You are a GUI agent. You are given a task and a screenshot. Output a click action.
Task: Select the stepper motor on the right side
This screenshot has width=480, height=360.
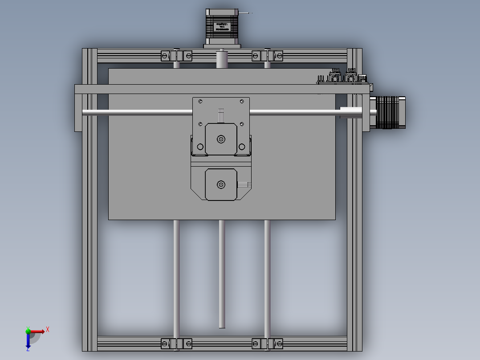pos(391,112)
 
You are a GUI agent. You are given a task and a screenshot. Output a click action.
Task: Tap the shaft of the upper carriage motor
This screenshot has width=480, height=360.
pos(221,139)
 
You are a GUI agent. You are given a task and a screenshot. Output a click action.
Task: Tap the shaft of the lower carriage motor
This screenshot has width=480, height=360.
pos(220,184)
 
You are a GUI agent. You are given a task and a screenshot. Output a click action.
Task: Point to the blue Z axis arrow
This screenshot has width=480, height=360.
pos(28,342)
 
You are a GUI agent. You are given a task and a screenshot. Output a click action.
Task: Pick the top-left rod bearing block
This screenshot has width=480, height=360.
pos(176,56)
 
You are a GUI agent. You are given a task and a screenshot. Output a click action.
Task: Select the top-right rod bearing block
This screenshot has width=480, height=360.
pos(267,56)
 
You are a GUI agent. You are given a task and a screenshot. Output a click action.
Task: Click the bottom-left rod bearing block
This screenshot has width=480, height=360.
pos(176,344)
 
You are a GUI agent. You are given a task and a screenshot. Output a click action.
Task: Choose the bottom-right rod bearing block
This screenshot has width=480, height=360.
pos(267,344)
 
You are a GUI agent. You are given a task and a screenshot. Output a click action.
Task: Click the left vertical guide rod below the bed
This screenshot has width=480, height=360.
pos(176,276)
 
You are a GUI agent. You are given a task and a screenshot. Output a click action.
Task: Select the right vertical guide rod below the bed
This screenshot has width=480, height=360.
pos(267,276)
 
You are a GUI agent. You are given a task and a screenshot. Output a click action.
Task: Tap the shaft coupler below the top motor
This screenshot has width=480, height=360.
pos(222,59)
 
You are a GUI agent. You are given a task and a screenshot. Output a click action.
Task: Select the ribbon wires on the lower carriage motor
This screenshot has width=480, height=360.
pos(244,184)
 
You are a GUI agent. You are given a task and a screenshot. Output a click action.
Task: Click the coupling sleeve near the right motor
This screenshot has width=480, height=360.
pos(351,112)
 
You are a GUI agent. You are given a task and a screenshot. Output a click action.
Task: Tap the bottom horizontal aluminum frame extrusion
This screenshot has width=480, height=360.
pos(222,344)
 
